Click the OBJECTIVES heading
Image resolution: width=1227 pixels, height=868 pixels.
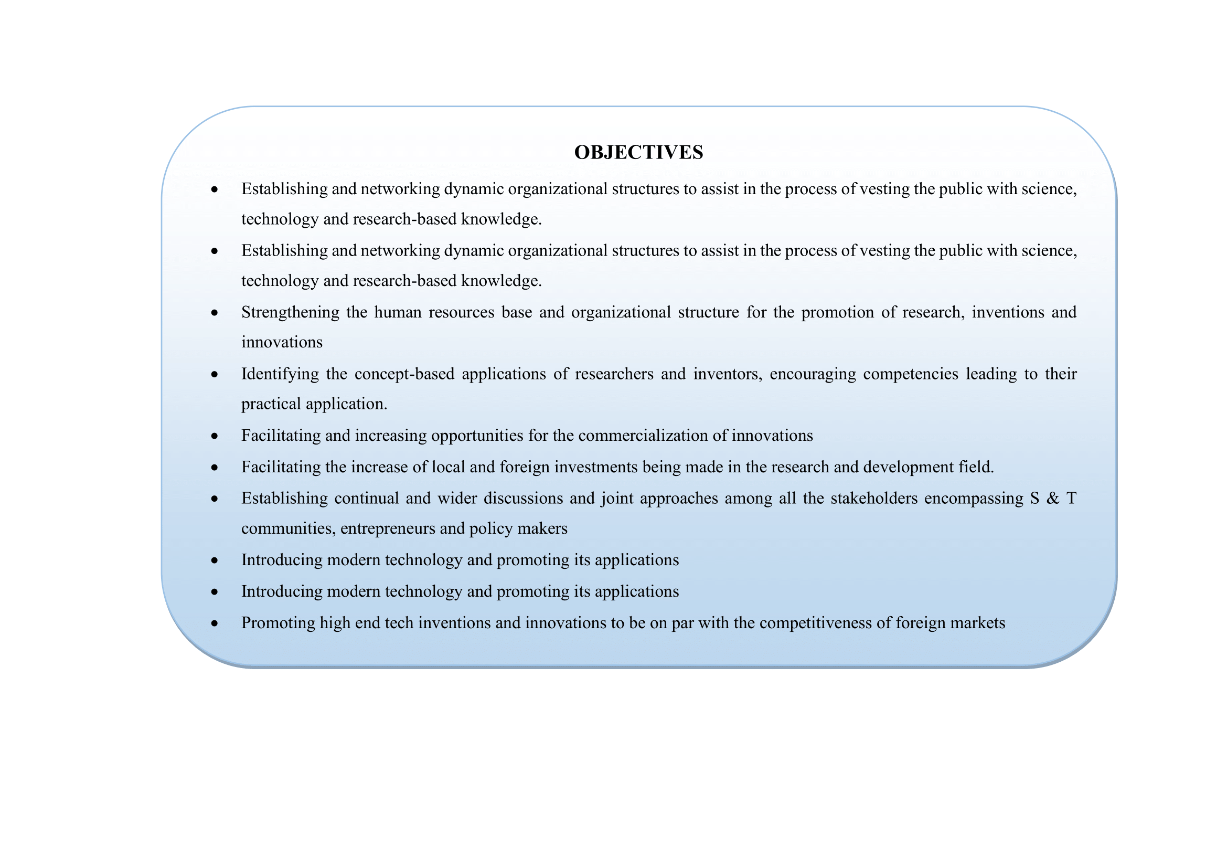[x=638, y=152]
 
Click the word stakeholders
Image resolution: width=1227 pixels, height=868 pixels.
[x=874, y=498]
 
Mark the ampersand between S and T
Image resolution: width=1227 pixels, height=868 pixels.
[x=1052, y=498]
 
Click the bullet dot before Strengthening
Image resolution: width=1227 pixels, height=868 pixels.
[x=215, y=313]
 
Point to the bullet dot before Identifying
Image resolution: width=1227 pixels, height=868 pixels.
[x=215, y=374]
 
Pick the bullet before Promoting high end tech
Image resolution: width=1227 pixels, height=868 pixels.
[x=215, y=623]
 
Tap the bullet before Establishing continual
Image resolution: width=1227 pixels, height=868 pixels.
[x=215, y=499]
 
